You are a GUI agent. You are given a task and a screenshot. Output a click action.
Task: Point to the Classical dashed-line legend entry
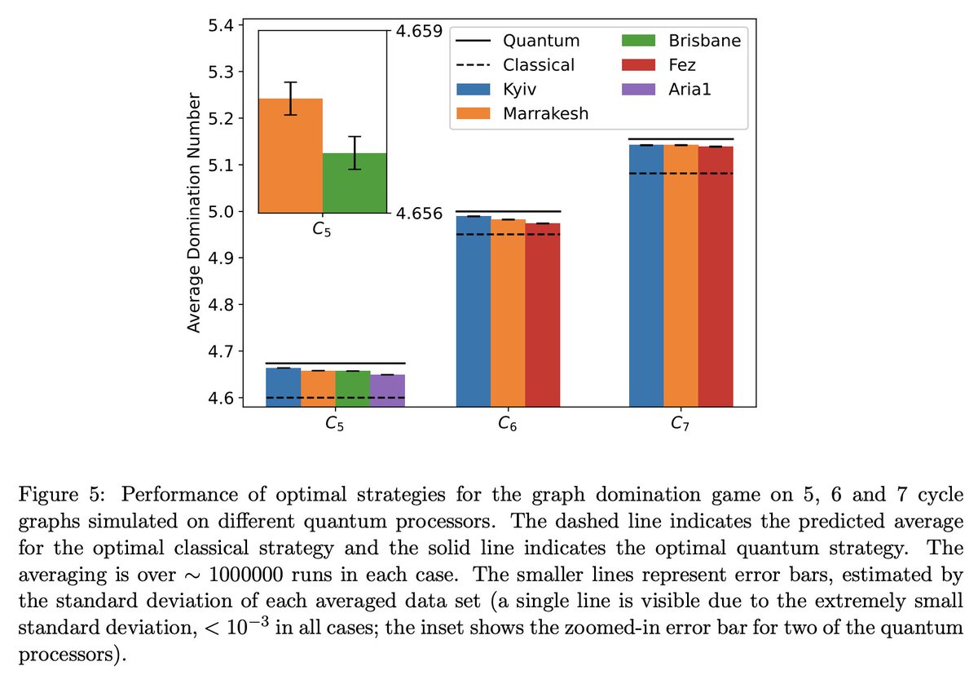[x=513, y=64]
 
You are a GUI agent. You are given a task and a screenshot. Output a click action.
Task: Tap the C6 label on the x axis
[x=508, y=425]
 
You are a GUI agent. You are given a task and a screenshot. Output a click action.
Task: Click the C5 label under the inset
[x=322, y=230]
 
